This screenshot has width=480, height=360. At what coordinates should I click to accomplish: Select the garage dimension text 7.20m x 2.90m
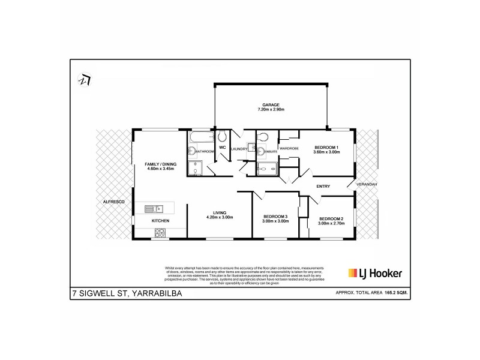pyautogui.click(x=271, y=110)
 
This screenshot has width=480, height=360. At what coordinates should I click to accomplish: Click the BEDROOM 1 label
pyautogui.click(x=326, y=147)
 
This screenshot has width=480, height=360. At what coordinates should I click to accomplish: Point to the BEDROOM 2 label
pyautogui.click(x=331, y=218)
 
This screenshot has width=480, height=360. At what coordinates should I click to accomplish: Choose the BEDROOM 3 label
pyautogui.click(x=275, y=216)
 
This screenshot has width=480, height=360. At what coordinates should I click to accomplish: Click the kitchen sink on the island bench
pyautogui.click(x=154, y=209)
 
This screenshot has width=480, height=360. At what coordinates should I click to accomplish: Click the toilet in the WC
pyautogui.click(x=221, y=135)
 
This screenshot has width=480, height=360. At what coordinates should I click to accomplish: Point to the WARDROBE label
pyautogui.click(x=289, y=148)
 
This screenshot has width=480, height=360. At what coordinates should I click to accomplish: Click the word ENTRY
pyautogui.click(x=323, y=186)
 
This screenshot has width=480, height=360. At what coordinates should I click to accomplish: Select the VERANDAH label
pyautogui.click(x=368, y=185)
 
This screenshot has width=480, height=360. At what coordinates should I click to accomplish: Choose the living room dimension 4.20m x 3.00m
pyautogui.click(x=219, y=217)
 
